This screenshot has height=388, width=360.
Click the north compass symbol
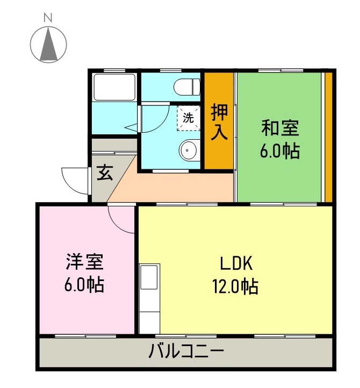[x=48, y=45]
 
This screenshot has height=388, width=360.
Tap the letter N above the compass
[x=48, y=17]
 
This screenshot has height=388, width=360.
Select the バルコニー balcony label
[x=186, y=353]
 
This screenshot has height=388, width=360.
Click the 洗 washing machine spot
[x=188, y=118]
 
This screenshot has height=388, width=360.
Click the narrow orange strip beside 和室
[x=328, y=137]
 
